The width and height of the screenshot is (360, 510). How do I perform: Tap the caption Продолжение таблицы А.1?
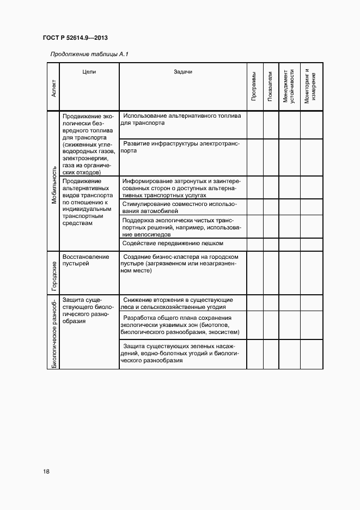pyautogui.click(x=89, y=54)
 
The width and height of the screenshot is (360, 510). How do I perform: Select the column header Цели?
pyautogui.click(x=89, y=71)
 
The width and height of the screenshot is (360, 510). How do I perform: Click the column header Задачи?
pyautogui.click(x=183, y=71)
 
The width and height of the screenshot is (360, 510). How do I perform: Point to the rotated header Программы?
pyautogui.click(x=254, y=86)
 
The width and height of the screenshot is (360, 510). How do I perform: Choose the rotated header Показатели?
pyautogui.click(x=271, y=86)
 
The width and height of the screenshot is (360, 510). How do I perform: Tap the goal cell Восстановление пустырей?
pyautogui.click(x=86, y=260)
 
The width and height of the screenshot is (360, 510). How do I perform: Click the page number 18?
pyautogui.click(x=46, y=471)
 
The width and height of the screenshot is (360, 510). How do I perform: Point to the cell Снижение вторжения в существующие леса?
pyautogui.click(x=178, y=303)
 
